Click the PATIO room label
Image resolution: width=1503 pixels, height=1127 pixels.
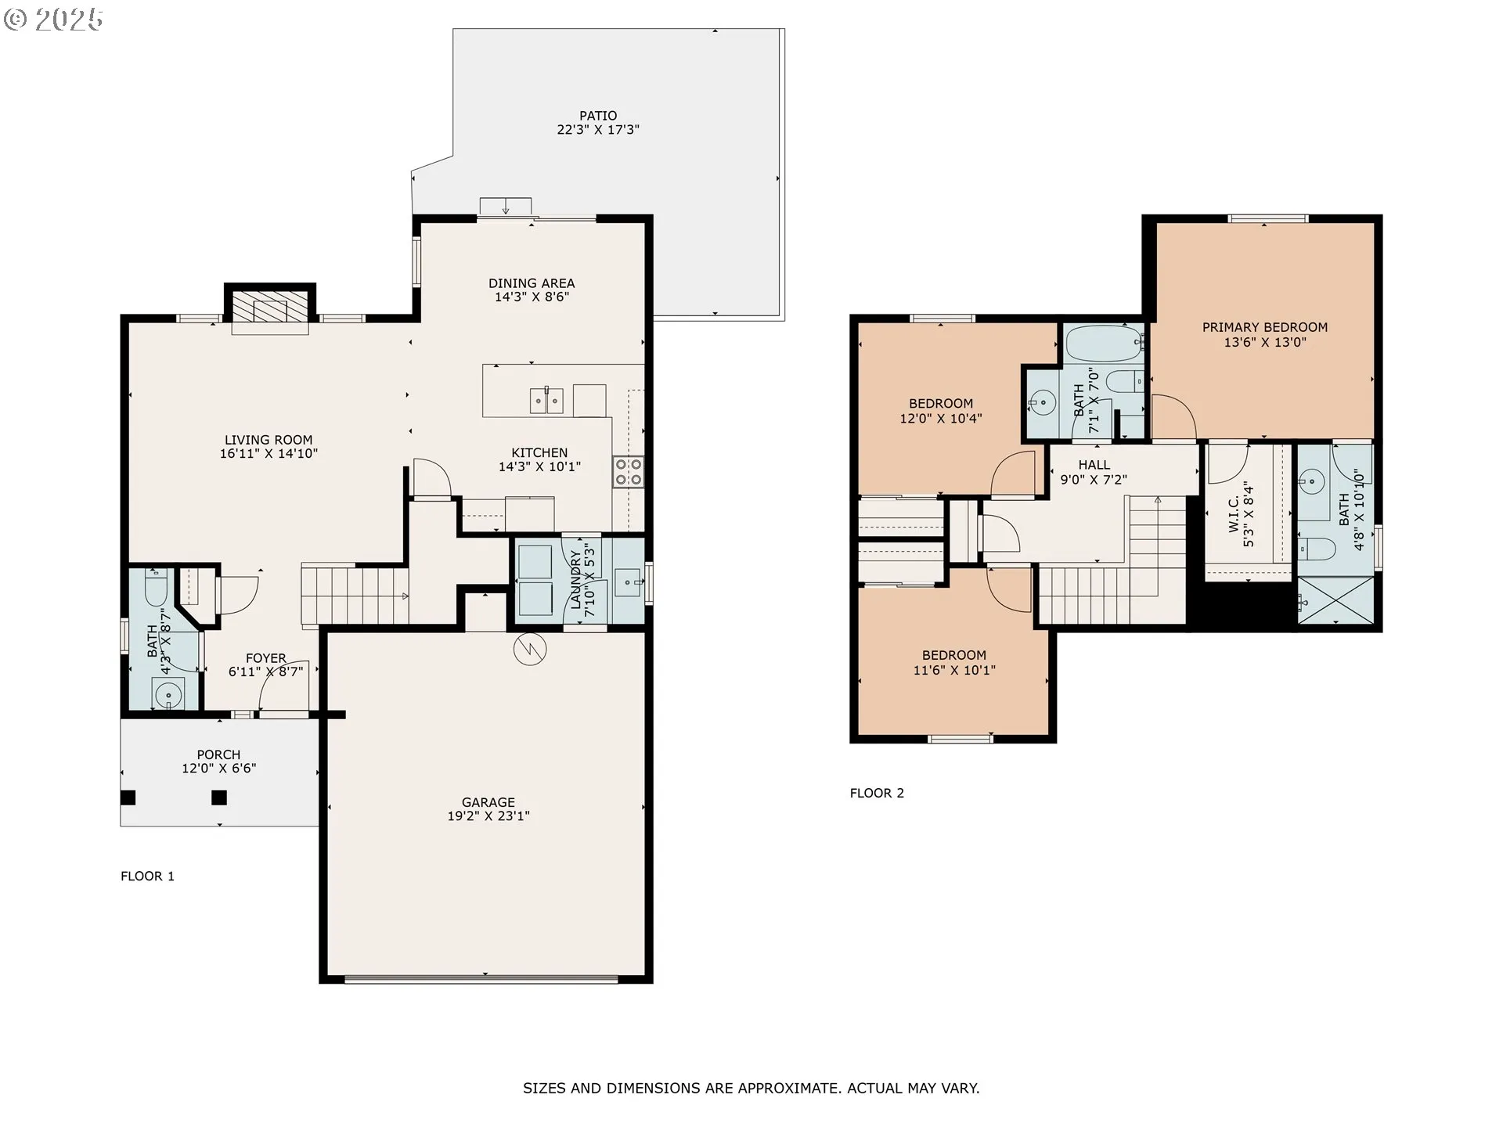598,116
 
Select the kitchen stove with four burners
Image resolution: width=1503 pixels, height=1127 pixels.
629,472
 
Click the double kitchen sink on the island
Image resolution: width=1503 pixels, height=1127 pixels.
546,401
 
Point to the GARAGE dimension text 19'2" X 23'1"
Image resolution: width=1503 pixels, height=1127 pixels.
488,816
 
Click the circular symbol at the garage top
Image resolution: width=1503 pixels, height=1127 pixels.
530,648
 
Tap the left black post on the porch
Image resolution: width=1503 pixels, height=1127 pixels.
128,798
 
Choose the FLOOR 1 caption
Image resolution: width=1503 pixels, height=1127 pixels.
147,877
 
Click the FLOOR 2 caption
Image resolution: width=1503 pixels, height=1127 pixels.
877,794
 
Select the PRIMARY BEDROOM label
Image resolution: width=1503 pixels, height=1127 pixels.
1265,327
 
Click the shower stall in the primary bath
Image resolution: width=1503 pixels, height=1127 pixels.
1335,600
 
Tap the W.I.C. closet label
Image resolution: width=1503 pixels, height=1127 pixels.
1234,514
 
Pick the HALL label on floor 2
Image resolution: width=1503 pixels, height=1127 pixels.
1094,465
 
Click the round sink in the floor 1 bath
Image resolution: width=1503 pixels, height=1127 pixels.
168,695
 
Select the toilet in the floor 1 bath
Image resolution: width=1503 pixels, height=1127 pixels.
157,588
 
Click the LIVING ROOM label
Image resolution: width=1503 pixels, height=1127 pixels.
269,440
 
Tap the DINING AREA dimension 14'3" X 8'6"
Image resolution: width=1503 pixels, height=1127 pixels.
532,297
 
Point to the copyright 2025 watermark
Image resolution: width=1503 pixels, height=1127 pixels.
53,19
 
